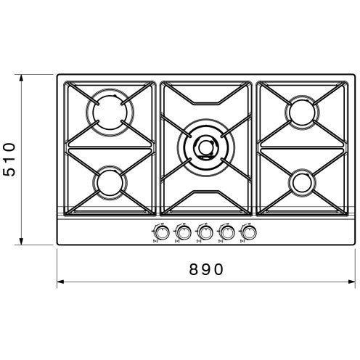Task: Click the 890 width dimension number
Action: pos(206,269)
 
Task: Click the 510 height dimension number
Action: pos(9,160)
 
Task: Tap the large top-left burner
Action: pos(110,112)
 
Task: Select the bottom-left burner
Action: pos(110,183)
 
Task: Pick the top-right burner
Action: pos(302,112)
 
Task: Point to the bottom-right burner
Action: pos(303,183)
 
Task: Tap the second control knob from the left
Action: pos(184,232)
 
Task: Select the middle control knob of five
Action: pos(205,232)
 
